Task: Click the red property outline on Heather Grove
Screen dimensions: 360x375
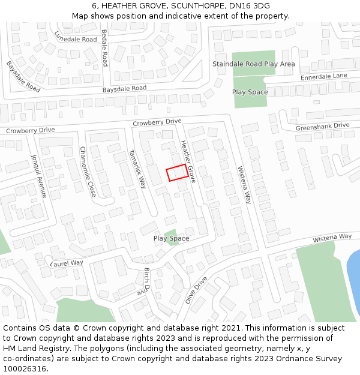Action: [176, 173]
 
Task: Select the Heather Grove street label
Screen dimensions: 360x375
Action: [188, 161]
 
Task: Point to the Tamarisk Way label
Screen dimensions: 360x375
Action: [138, 169]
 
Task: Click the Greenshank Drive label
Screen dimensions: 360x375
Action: [322, 125]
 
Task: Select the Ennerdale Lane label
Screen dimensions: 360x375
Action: [323, 76]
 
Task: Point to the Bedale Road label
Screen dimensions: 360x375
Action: [104, 47]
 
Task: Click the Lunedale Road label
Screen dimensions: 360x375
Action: [76, 35]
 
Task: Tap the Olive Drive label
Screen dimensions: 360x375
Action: [196, 290]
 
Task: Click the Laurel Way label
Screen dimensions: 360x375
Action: [67, 263]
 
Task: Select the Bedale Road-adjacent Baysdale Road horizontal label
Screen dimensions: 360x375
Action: [124, 88]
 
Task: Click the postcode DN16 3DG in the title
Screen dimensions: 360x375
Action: [250, 5]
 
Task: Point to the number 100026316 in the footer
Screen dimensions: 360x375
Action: [25, 369]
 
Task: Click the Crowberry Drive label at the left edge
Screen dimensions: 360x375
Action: [30, 130]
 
